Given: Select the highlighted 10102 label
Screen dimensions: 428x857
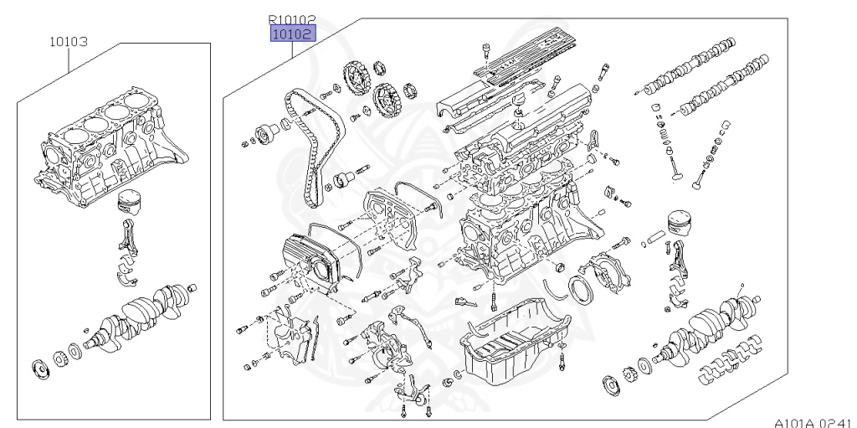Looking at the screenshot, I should (x=291, y=34).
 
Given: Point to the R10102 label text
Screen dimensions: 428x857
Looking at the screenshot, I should (x=291, y=18).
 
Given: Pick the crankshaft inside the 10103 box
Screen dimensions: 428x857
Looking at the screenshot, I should (x=146, y=315).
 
